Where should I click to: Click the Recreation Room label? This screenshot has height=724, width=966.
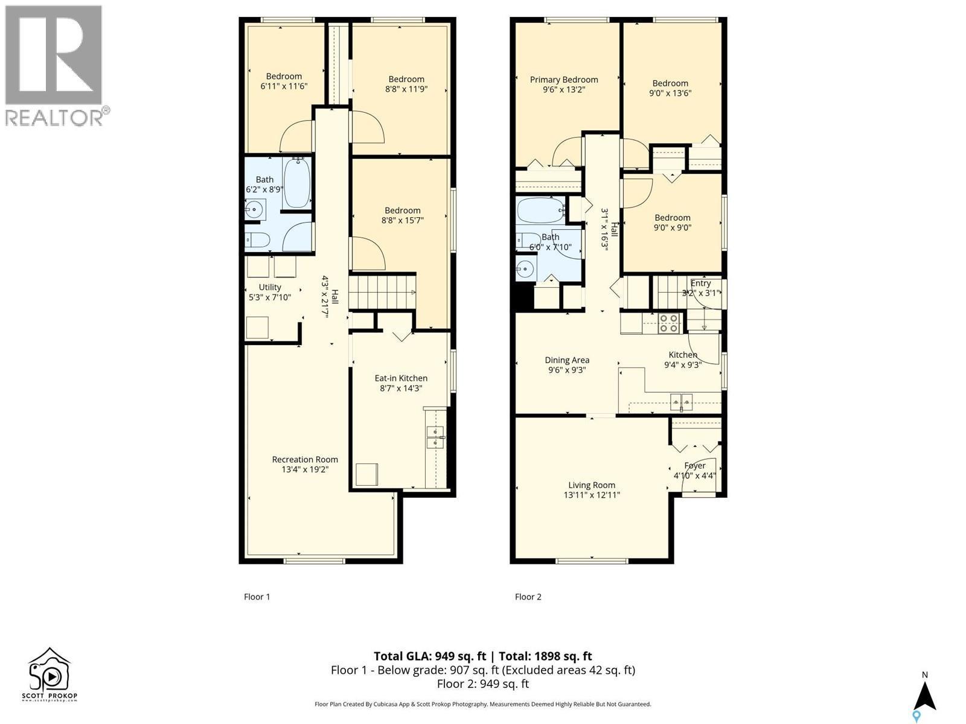[305, 460]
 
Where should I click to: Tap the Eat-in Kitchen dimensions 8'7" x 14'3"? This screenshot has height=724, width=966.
[401, 389]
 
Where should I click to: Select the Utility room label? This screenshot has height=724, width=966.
[270, 287]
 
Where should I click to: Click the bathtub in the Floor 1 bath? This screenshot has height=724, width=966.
[296, 182]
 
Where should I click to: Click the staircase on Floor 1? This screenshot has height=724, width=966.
[382, 292]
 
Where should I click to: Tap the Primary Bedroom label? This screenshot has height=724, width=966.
[564, 80]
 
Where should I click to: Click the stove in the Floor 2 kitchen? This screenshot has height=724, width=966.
[668, 323]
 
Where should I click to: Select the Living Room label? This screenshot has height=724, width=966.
[592, 485]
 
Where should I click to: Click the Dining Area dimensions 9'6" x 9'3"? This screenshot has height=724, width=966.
[567, 370]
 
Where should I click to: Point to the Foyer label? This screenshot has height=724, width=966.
[695, 466]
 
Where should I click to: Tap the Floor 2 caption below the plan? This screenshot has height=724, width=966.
[528, 597]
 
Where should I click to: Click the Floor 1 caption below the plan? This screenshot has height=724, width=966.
[257, 597]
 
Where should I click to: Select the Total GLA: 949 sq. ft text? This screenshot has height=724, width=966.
[429, 656]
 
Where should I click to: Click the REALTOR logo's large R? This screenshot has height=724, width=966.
[53, 54]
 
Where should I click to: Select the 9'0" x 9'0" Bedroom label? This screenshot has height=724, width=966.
[673, 218]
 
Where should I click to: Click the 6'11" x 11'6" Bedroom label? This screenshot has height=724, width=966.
[284, 76]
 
